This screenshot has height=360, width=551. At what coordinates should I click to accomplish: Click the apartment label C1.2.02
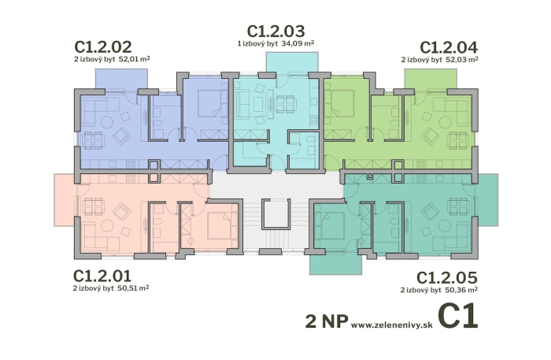103,46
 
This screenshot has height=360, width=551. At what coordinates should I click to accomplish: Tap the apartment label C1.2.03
275,31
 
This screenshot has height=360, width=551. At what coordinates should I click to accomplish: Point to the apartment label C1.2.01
103,276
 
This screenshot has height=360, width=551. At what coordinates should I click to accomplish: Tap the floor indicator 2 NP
326,321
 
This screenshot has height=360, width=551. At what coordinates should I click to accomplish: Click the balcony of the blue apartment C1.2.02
121,78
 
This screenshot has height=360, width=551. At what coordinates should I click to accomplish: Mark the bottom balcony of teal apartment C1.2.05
335,262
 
